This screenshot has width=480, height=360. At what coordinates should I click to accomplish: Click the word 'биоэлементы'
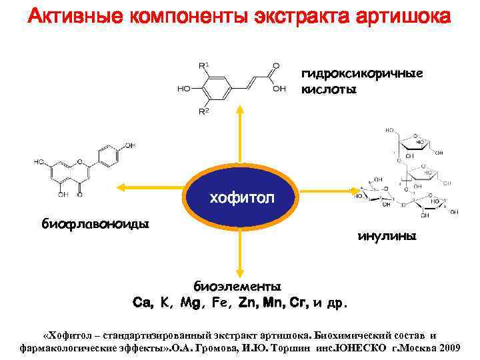click(x=237, y=287)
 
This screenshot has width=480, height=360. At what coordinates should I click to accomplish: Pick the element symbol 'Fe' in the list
click(x=219, y=303)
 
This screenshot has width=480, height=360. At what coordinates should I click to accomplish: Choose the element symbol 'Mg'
click(x=191, y=303)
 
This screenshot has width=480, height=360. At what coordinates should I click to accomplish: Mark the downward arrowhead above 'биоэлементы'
click(x=239, y=270)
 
